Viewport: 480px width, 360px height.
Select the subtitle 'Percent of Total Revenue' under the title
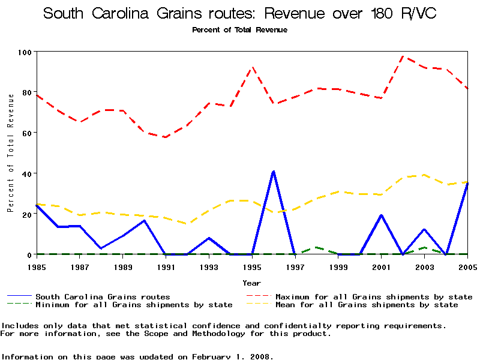239,30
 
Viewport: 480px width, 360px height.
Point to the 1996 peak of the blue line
274,172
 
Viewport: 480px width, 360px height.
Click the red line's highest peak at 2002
403,56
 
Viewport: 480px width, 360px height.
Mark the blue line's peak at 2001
381,215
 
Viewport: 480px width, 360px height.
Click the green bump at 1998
316,247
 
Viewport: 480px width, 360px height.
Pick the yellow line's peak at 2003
424,175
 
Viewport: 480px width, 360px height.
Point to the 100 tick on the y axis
25,52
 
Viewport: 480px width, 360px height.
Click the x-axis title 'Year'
251,283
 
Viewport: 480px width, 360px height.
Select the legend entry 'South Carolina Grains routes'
103,296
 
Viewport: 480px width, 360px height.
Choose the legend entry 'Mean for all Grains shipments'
367,305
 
